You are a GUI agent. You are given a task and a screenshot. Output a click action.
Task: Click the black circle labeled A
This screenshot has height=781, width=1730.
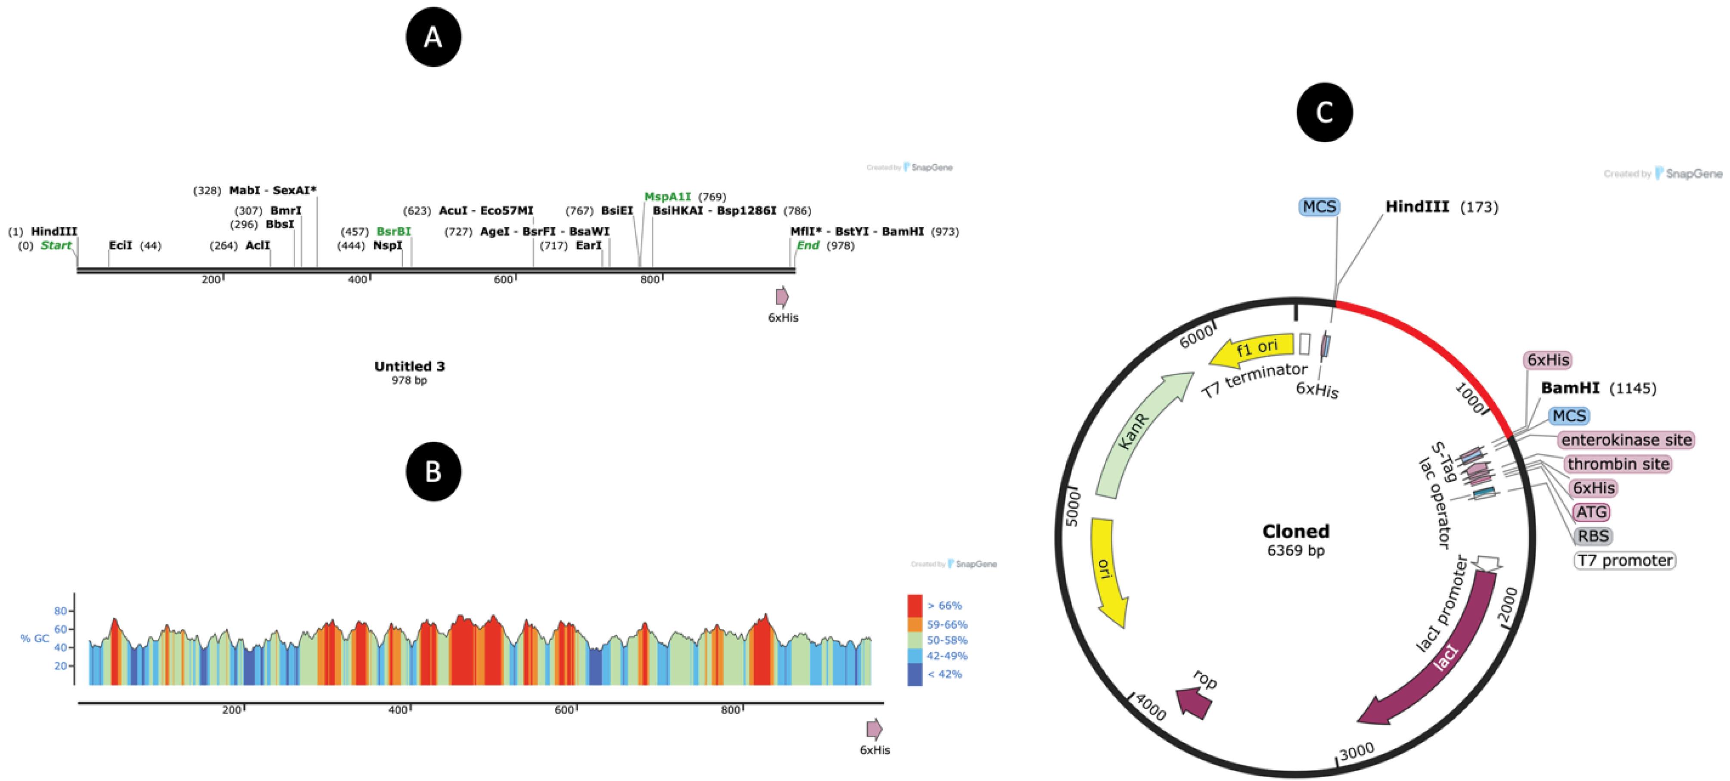point(433,37)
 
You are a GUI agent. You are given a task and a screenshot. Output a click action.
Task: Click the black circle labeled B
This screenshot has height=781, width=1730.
point(433,471)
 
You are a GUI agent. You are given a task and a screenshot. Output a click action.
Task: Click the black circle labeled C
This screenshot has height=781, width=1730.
point(1324,112)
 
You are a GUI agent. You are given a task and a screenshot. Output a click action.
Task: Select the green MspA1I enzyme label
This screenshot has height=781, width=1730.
point(668,197)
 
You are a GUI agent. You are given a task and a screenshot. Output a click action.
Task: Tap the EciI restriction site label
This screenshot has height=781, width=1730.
point(121,245)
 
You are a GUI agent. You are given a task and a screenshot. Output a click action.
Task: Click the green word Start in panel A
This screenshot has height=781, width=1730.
point(56,245)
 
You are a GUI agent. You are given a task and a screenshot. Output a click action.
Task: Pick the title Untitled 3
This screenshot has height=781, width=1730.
point(410,366)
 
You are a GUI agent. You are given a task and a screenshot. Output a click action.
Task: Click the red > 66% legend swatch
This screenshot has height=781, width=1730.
point(915,606)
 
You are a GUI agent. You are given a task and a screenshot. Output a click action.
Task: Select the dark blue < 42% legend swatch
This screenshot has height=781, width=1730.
point(915,674)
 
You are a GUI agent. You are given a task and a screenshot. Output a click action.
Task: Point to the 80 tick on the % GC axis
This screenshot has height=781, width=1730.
point(60,611)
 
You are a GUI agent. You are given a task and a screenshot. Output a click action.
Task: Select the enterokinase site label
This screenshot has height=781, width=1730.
point(1626,440)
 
